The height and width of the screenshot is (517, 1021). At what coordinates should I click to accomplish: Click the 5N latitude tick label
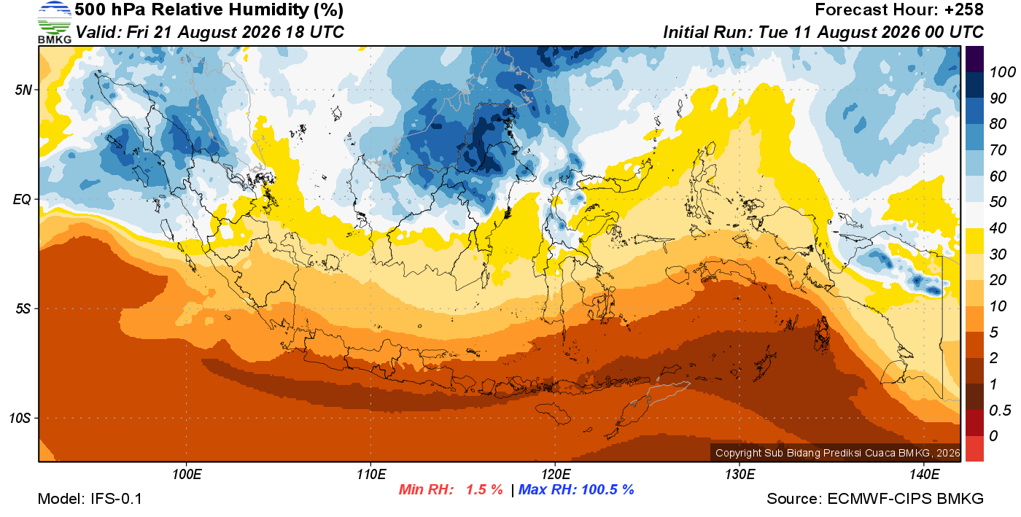pos(23,90)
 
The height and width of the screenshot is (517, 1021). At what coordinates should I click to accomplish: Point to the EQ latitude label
pos(22,199)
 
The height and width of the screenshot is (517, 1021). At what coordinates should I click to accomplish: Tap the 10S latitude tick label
pos(20,418)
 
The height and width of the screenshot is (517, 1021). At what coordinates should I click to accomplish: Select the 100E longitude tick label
pos(187,474)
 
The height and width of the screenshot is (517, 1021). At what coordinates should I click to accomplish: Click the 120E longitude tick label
pos(556,474)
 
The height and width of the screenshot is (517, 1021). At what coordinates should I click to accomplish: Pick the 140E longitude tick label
pos(924,474)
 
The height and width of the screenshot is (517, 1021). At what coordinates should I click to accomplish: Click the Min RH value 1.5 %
pos(484,489)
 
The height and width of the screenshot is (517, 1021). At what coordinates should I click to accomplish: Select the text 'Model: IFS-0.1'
pos(90,498)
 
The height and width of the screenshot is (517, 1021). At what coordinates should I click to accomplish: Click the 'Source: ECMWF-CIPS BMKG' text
pos(875,498)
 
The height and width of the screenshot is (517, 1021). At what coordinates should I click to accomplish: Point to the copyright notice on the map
pos(838,453)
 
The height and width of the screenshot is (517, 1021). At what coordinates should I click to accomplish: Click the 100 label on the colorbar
pos(1003,72)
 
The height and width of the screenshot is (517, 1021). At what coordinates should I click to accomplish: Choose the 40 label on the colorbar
pos(998,228)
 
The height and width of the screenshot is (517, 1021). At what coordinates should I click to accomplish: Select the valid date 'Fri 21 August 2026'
pos(203,32)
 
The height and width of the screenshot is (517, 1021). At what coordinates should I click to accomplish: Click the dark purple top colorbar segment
pos(974,59)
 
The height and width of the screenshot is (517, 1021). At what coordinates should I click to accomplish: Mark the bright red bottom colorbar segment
pos(974,448)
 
